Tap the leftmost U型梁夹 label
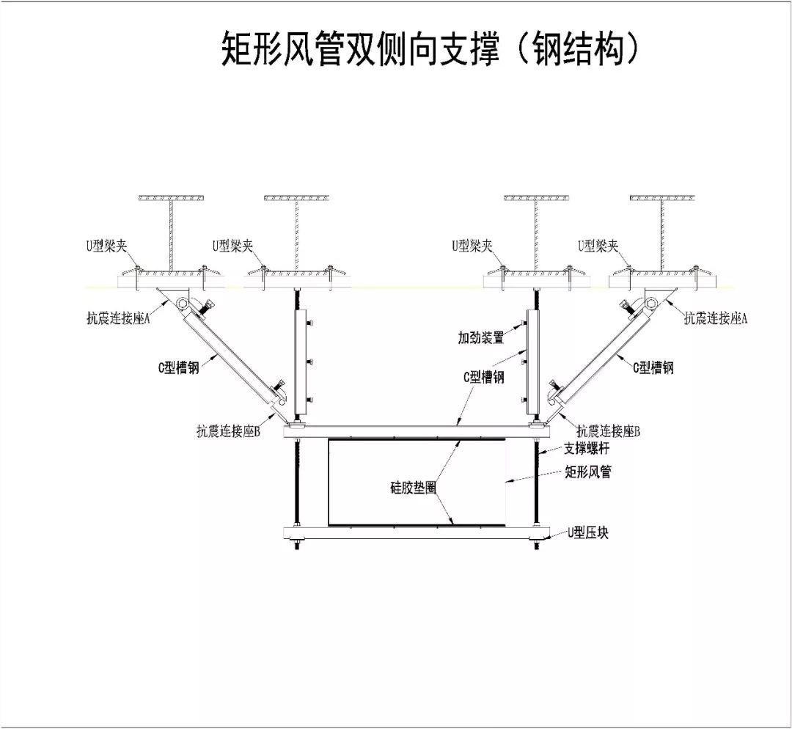coord(106,246)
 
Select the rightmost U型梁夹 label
coord(598,246)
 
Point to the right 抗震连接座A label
coord(716,318)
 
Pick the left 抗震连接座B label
coord(228,431)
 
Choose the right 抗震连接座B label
coord(608,431)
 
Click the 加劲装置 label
coord(481,338)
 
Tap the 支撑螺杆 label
coord(586,448)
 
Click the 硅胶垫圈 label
coord(412,486)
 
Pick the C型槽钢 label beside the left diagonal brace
coord(178,368)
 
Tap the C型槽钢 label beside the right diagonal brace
coord(653,367)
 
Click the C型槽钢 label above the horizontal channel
coord(483,377)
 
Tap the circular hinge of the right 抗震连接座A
coord(650,304)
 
